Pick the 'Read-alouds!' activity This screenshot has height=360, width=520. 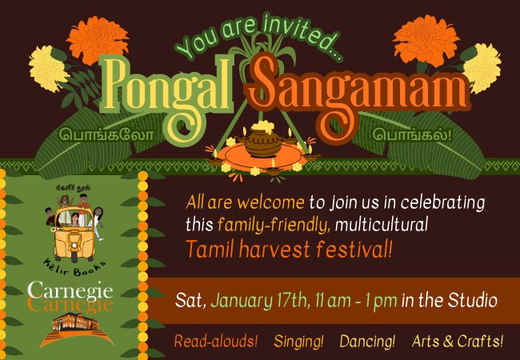coord(215,341)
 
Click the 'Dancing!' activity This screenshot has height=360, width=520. coord(367,341)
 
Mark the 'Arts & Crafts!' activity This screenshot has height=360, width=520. coord(458,341)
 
